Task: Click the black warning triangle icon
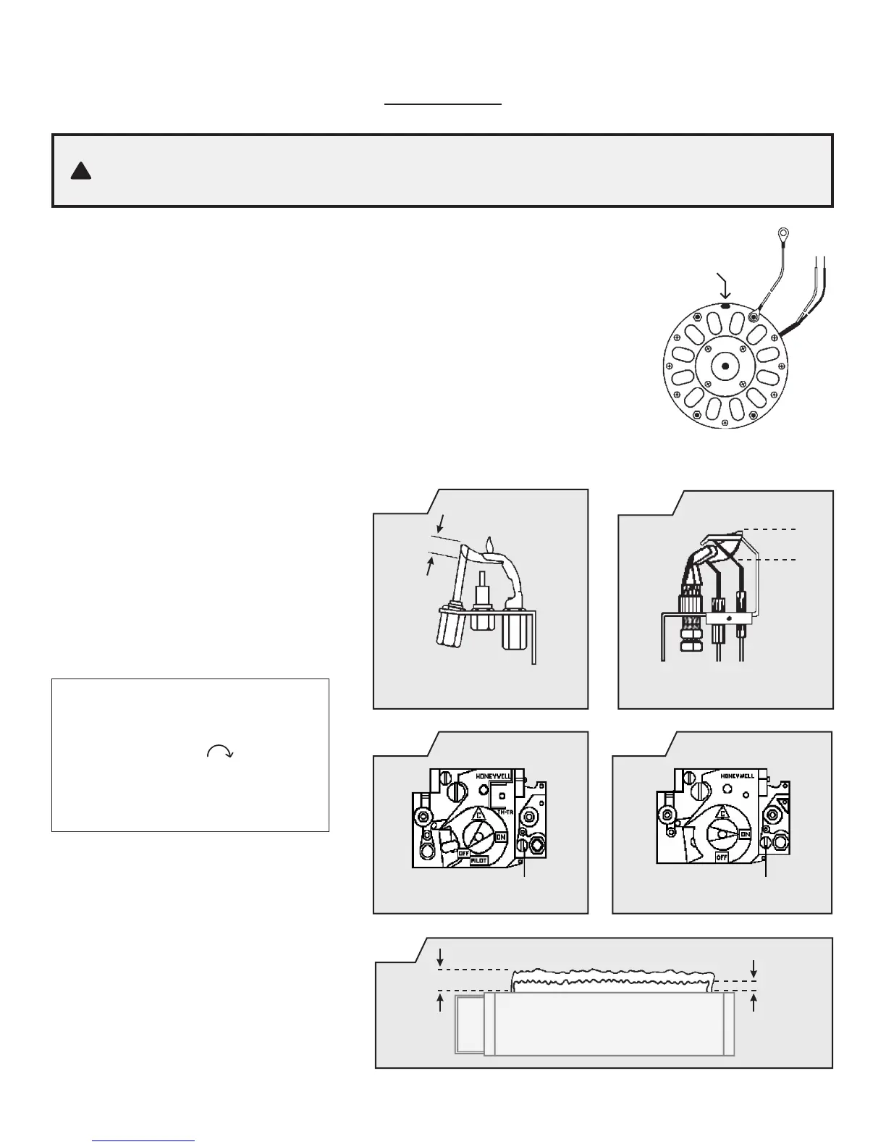coord(81,172)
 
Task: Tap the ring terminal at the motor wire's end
coord(782,235)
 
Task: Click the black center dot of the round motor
coord(725,366)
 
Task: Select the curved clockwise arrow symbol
coord(220,752)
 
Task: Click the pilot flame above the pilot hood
coord(490,543)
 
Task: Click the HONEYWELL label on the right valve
coord(738,776)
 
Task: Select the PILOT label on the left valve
coord(478,860)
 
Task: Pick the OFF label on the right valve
coord(721,857)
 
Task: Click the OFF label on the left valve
coord(465,852)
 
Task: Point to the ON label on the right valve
coord(745,833)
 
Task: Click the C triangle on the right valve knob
coord(721,814)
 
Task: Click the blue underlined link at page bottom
coord(144,1140)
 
